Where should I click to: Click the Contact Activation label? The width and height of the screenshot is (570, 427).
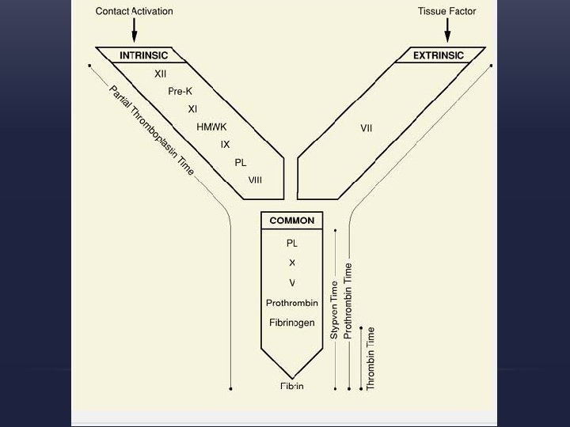134,11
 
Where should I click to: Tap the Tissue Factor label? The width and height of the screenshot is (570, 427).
446,11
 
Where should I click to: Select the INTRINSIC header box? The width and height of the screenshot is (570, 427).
143,55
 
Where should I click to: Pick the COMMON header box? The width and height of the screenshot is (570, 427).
291,221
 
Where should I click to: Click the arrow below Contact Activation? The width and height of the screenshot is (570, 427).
134,31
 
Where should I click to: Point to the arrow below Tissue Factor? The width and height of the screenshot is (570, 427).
448,31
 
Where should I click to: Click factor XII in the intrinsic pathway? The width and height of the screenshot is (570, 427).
161,74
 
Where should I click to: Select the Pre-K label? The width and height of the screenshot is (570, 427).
180,92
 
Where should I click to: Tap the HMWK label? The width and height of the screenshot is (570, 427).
211,127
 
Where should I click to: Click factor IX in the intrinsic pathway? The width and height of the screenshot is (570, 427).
225,145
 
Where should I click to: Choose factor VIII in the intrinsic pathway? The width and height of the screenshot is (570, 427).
255,179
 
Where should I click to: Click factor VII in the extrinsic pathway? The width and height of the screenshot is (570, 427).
366,128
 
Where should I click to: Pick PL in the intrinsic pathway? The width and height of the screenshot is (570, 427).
241,162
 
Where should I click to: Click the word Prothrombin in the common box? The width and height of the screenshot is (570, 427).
292,303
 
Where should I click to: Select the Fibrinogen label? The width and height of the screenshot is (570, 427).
292,323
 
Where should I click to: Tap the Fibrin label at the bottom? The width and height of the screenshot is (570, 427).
291,386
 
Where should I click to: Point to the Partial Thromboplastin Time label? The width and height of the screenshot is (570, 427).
151,130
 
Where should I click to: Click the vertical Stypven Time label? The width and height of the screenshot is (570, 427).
334,310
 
